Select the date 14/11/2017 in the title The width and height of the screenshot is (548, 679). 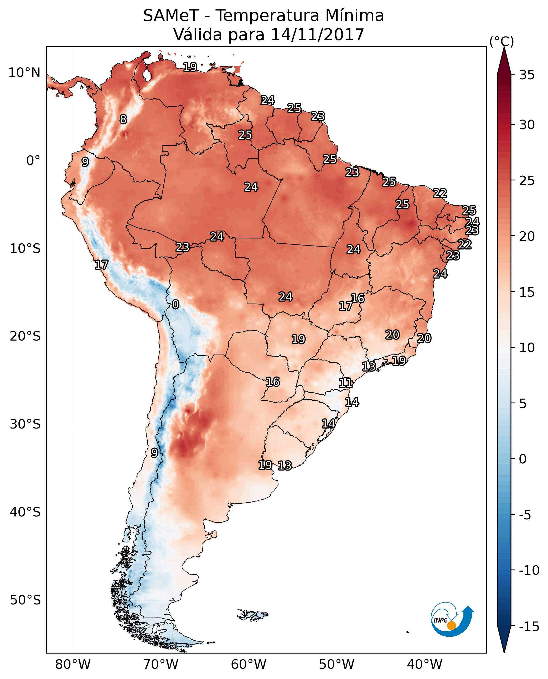[x=317, y=34]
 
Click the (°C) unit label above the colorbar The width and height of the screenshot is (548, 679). [x=502, y=41]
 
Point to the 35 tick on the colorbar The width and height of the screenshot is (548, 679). [x=527, y=75]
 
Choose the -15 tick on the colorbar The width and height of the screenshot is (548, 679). [x=529, y=627]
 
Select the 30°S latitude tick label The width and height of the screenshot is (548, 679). [x=25, y=424]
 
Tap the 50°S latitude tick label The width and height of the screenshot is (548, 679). [x=25, y=600]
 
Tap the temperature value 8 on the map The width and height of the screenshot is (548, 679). [x=123, y=119]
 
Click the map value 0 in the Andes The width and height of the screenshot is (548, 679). [x=175, y=305]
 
